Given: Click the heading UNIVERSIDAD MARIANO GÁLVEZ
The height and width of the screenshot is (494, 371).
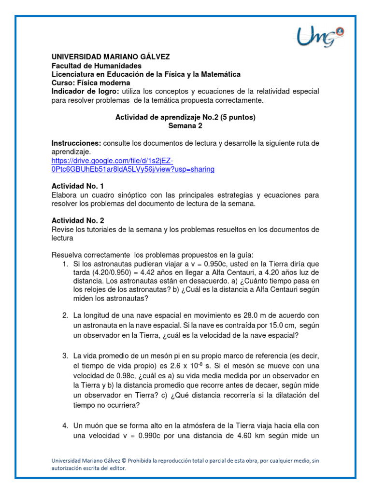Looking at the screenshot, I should click(111, 57).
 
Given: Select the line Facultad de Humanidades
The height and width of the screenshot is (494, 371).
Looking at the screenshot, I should click(97, 66).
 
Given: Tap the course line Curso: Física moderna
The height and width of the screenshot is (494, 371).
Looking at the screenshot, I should click(91, 83).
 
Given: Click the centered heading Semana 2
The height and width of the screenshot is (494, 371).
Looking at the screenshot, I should click(185, 126).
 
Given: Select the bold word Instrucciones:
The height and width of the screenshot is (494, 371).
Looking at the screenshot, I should click(76, 143).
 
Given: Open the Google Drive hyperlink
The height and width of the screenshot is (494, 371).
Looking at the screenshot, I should click(133, 165).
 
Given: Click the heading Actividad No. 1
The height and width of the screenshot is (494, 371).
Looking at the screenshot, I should click(77, 186).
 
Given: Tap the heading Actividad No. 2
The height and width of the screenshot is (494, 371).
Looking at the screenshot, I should click(77, 220).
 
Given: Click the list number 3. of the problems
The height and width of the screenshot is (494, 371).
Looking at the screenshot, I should click(65, 356).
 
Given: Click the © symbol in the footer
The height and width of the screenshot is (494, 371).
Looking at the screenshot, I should click(129, 461).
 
